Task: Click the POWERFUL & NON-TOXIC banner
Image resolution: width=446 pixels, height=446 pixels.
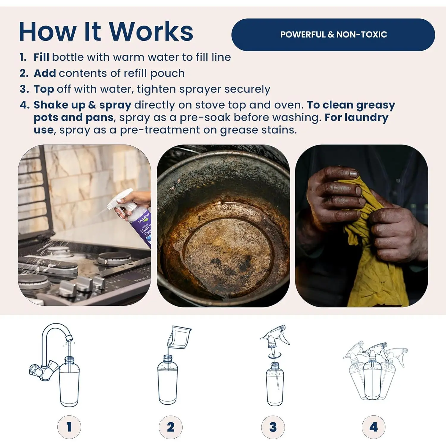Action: pos(333,34)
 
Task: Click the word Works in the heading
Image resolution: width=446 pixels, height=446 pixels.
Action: pos(151,32)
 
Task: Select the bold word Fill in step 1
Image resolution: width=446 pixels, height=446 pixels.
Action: pos(41,57)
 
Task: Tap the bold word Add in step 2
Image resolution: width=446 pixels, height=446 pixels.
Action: pos(45,73)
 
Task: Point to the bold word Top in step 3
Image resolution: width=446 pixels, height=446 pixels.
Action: pos(44,89)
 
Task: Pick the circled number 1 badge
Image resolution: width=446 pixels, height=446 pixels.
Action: pos(69,427)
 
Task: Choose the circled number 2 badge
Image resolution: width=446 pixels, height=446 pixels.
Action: pos(171,427)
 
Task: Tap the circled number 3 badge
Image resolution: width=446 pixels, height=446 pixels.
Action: pos(273,427)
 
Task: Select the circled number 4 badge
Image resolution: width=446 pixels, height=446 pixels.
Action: pos(374,427)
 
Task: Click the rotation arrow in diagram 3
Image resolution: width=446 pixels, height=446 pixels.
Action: pos(275,356)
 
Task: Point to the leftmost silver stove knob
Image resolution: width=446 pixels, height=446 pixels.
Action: pos(67,288)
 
